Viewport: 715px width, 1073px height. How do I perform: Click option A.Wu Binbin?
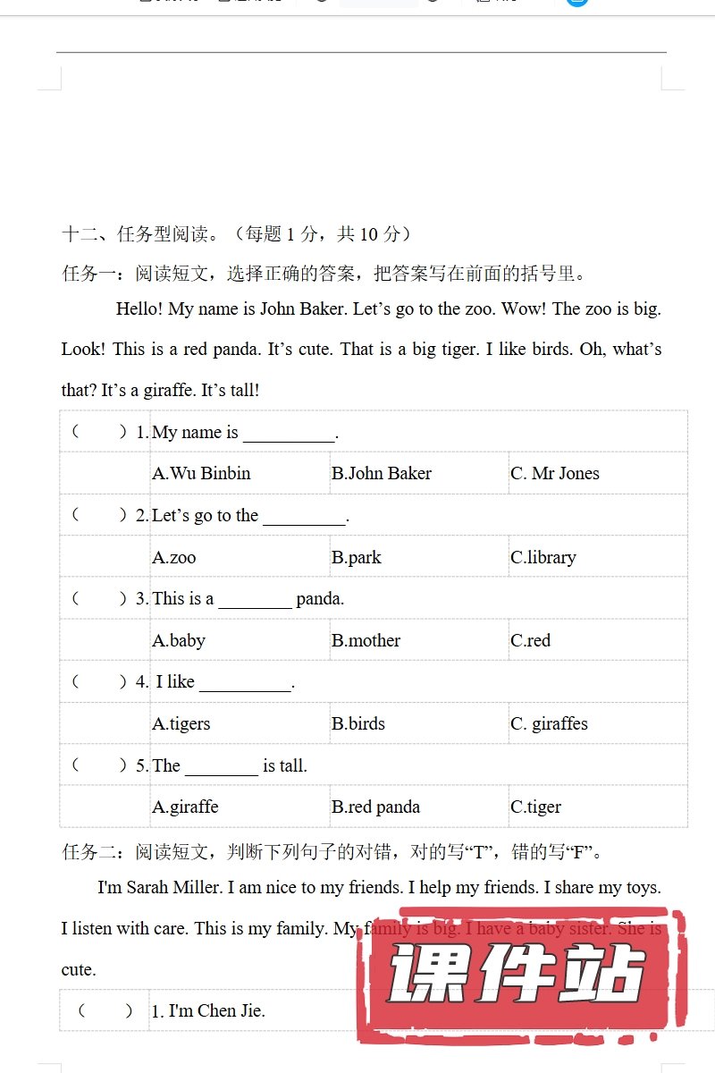tap(201, 474)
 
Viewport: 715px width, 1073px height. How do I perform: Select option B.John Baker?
tap(382, 474)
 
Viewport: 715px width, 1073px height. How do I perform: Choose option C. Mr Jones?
tap(555, 474)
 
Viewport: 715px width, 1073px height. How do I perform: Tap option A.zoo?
tap(174, 557)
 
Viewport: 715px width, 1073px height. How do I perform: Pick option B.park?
tap(357, 557)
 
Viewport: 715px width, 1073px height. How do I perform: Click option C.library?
tap(543, 557)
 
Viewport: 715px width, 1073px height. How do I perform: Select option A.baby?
tap(179, 640)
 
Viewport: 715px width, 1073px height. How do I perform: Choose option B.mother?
tap(366, 640)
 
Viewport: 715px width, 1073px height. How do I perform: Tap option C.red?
tap(531, 640)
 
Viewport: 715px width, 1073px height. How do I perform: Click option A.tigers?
tap(181, 723)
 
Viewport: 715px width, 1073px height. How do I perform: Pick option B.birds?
tap(358, 723)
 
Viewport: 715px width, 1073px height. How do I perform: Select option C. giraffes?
tap(550, 723)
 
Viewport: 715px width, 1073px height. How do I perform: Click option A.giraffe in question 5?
tap(185, 807)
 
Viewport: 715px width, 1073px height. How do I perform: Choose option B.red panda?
tap(376, 807)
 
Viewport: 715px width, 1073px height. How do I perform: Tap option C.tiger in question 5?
tap(536, 807)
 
